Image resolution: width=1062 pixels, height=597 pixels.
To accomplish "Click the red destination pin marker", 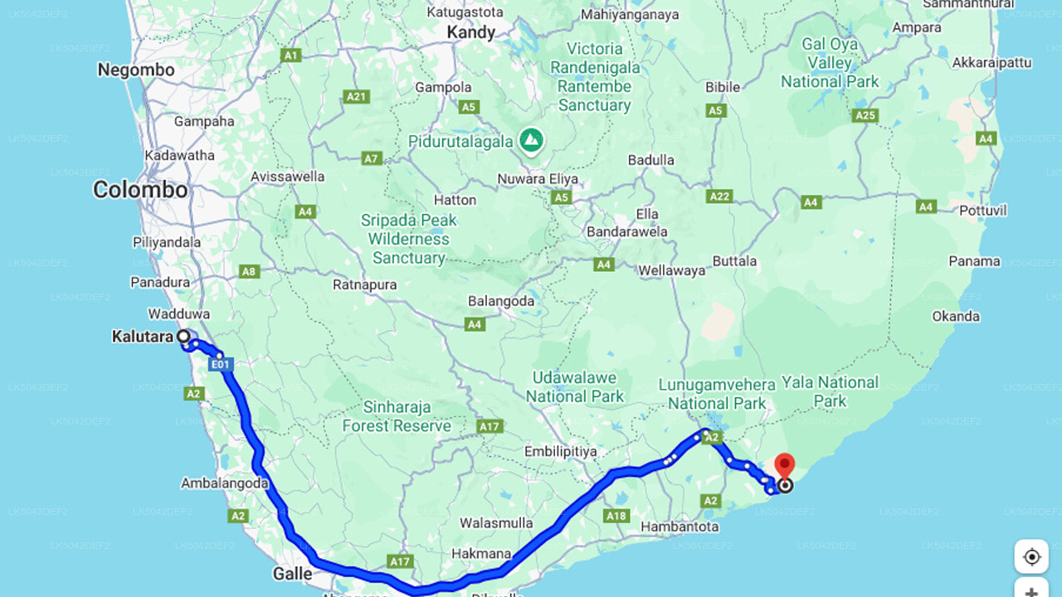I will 783,464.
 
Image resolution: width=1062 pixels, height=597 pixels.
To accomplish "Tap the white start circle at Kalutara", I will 183,337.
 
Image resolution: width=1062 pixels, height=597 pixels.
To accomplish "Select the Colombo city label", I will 140,190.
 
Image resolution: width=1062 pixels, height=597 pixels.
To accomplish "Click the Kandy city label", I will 470,33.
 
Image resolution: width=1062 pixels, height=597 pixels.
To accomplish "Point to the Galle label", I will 293,574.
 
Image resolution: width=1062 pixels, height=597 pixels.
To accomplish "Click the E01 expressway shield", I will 220,363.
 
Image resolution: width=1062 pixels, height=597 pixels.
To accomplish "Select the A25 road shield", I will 865,115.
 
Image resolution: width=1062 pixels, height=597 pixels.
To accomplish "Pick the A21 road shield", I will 356,97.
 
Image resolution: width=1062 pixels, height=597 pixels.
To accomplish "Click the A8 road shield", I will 249,271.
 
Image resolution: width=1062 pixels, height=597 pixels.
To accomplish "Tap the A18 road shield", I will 616,516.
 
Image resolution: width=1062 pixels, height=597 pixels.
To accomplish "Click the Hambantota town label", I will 680,527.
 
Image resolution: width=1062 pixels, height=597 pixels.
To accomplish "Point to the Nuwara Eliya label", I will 538,179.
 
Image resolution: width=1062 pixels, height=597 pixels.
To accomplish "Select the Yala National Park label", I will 830,391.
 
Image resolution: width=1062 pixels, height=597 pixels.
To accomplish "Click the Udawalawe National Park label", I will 574,387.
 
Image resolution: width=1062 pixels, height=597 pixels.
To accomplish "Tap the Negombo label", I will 136,70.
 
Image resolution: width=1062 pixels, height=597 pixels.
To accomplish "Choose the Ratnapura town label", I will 364,284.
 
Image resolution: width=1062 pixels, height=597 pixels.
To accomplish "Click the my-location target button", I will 1031,556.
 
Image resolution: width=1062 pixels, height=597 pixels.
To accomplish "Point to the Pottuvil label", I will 983,211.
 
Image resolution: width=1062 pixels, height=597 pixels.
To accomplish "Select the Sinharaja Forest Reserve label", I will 397,416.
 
